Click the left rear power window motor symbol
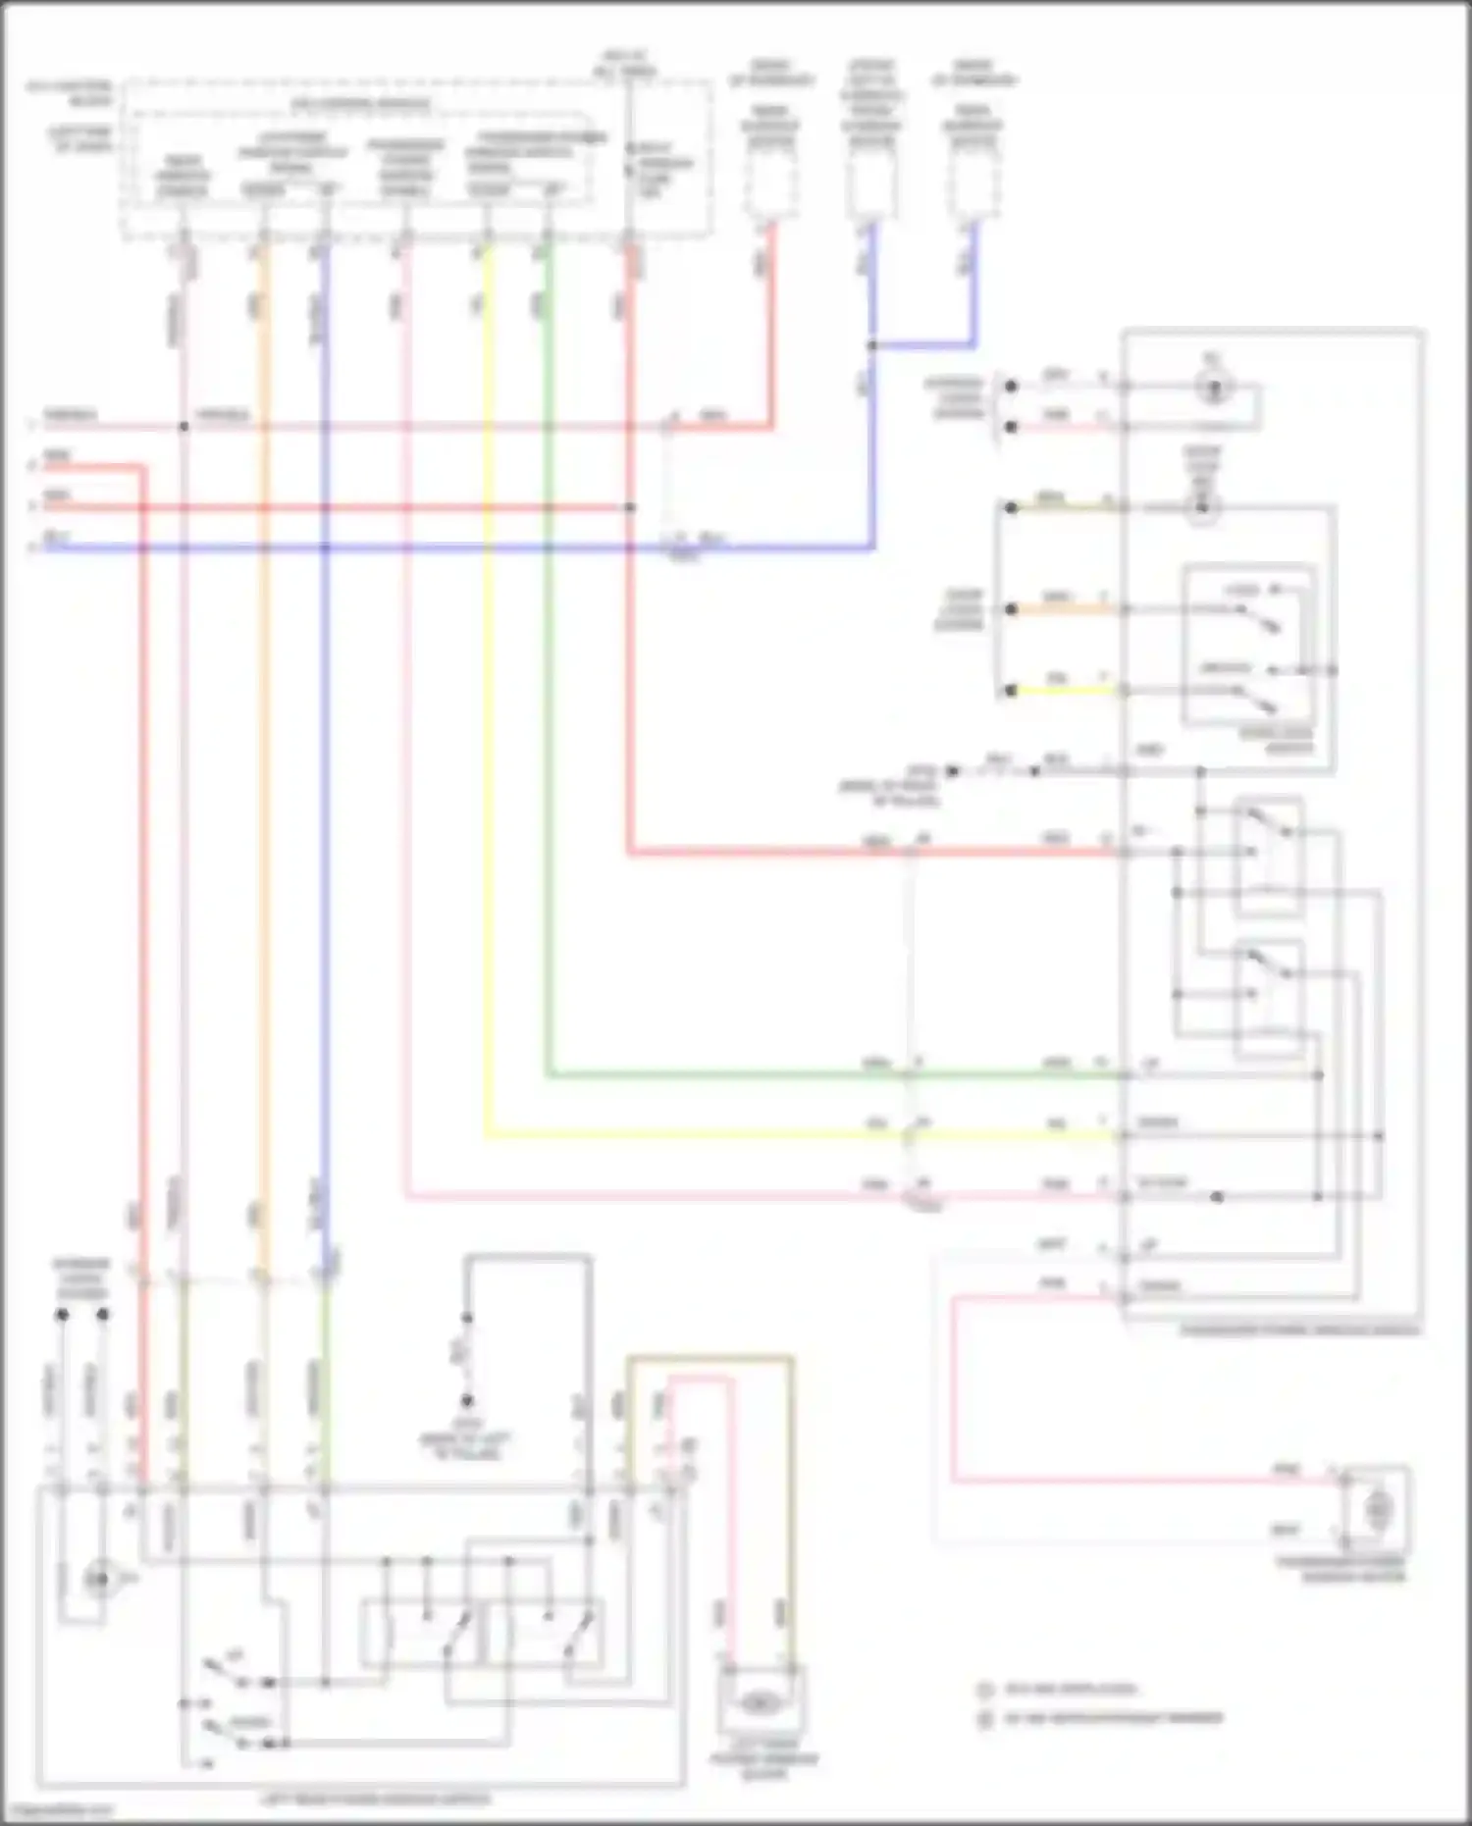coord(758,1704)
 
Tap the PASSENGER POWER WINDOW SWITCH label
coord(1299,1330)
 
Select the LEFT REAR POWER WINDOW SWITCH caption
coord(376,1800)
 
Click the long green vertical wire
coord(548,687)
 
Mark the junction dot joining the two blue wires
coord(871,345)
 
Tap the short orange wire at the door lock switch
coord(1065,609)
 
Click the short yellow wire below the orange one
coord(1065,691)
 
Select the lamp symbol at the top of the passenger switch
coord(1214,388)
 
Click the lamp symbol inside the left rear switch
coord(97,1579)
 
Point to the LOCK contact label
coord(1244,590)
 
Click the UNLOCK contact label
coord(1228,668)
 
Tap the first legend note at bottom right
coord(1070,1690)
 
